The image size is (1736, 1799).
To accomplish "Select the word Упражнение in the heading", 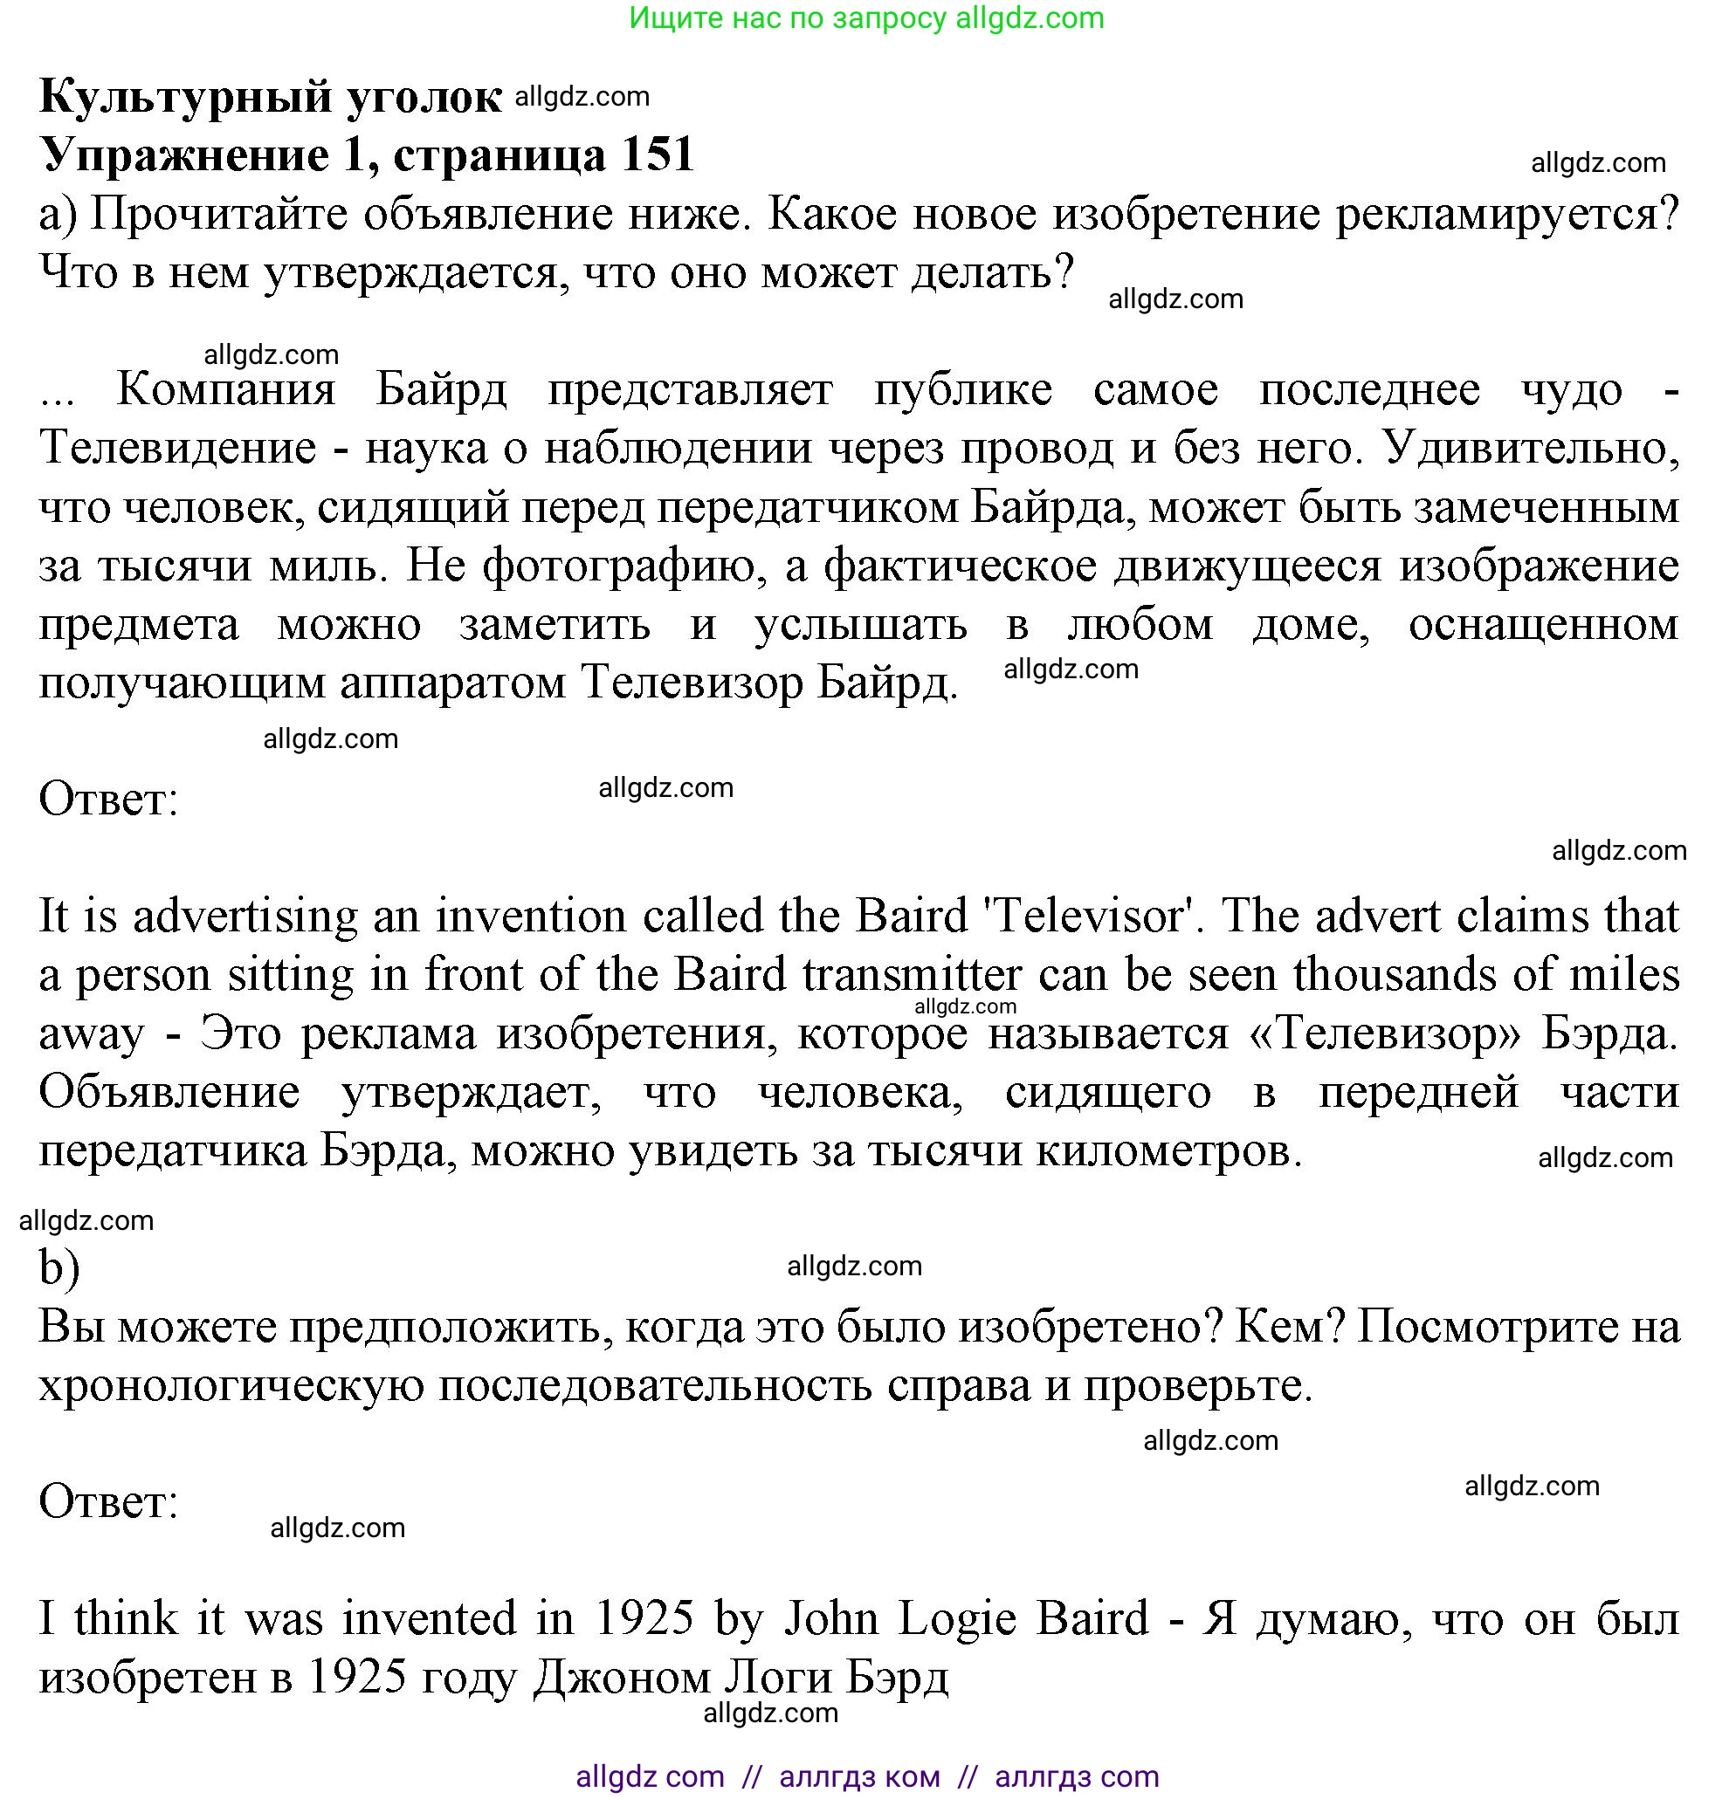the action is pos(183,154).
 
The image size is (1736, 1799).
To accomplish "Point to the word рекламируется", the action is pos(1505,215).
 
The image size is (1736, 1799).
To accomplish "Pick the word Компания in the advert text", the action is pos(226,390).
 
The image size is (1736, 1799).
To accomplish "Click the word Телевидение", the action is pos(178,449).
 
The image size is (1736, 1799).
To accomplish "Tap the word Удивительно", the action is pos(1532,449).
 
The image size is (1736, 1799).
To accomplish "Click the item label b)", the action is pos(59,1268).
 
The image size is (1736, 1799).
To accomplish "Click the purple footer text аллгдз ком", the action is pos(859,1776).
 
